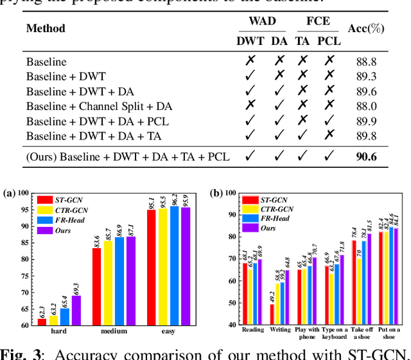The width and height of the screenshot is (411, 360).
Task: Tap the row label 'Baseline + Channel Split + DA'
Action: point(99,107)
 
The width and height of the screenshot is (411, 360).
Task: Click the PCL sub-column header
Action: point(329,40)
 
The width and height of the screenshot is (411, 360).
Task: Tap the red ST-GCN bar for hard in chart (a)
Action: point(42,321)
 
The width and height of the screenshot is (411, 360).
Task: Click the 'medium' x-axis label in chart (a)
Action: point(114,332)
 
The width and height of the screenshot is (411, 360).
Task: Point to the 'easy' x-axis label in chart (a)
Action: point(168,332)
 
